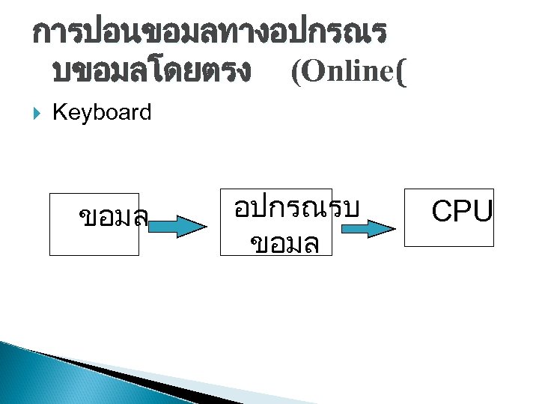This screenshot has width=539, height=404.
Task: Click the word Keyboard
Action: point(102,113)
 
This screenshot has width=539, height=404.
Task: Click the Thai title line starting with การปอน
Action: point(210,33)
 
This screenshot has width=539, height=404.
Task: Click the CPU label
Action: point(462,212)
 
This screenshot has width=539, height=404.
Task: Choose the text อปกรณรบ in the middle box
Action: point(297,207)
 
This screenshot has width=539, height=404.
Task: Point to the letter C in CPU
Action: point(443,212)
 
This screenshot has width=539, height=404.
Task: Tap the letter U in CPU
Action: point(482,212)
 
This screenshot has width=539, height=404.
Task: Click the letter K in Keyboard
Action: point(58,113)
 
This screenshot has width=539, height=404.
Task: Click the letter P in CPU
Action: point(463,212)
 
